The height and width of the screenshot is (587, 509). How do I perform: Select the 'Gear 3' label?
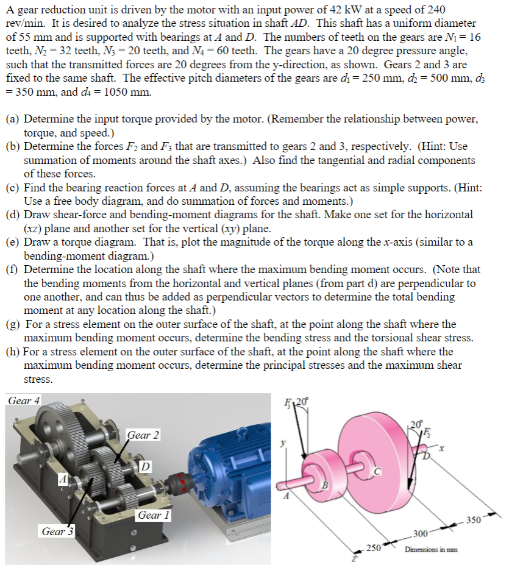point(57,532)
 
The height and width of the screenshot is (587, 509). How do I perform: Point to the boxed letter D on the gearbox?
point(145,466)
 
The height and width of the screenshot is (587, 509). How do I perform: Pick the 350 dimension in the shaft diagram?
point(473,520)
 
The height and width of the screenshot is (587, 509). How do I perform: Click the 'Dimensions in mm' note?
point(431,549)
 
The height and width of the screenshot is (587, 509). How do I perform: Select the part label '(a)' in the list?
point(12,120)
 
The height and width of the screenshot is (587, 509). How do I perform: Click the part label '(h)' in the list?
point(12,352)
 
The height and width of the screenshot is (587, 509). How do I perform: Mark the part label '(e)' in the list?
point(12,242)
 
